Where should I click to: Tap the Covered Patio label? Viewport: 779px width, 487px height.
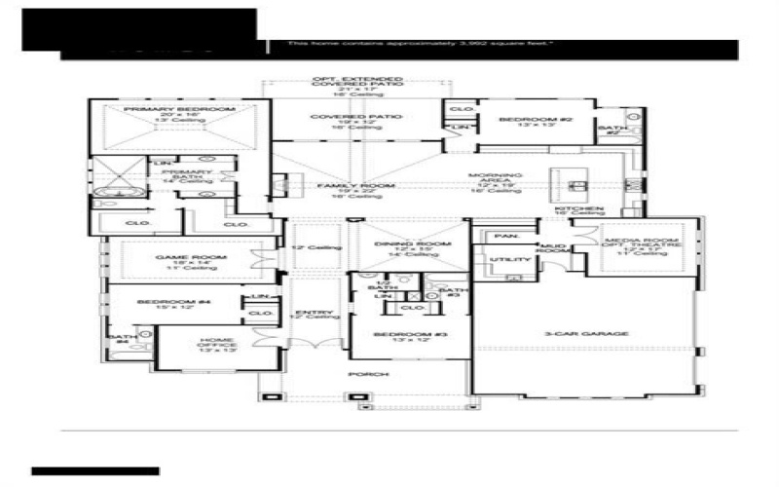coord(356,117)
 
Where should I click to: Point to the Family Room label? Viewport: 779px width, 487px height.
coord(356,185)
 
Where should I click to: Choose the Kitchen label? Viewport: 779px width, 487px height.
coord(579,209)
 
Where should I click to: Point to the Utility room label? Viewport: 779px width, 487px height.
coord(510,259)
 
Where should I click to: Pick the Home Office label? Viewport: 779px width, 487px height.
coord(216,342)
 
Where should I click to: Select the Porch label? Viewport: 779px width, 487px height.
coord(374,374)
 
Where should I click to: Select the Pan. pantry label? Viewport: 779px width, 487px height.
coord(505,236)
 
